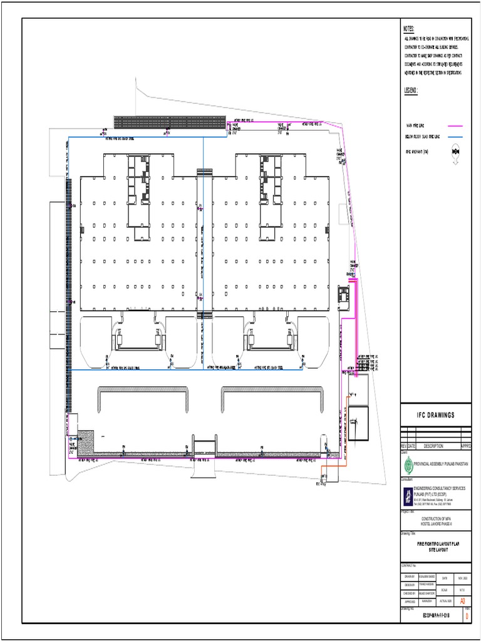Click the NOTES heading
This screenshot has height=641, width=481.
pyautogui.click(x=409, y=29)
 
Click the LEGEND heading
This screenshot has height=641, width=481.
pyautogui.click(x=410, y=90)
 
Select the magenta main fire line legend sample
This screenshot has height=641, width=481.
pyautogui.click(x=455, y=126)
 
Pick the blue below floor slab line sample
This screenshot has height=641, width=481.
pyautogui.click(x=455, y=136)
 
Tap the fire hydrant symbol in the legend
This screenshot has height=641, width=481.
pyautogui.click(x=455, y=151)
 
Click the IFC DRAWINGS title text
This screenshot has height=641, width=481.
pyautogui.click(x=435, y=416)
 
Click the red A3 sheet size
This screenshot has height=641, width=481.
pyautogui.click(x=463, y=600)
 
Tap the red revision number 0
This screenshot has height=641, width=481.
pyautogui.click(x=467, y=617)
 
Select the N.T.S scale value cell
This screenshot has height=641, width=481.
pyautogui.click(x=461, y=590)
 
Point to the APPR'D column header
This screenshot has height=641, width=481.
pyautogui.click(x=465, y=446)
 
